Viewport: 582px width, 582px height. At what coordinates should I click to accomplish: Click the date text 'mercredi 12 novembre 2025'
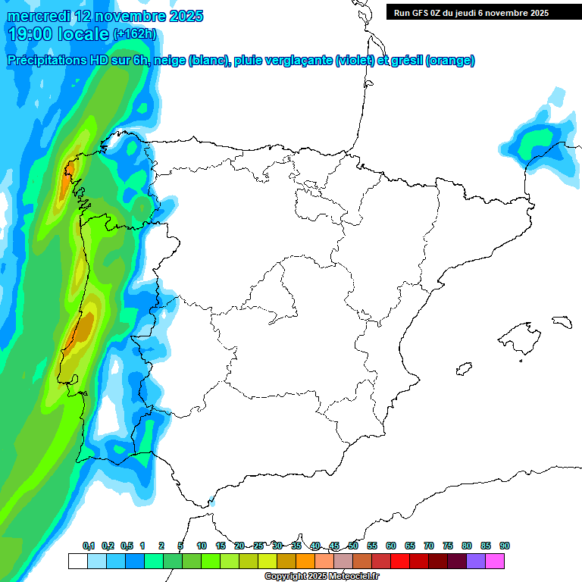[x=105, y=15]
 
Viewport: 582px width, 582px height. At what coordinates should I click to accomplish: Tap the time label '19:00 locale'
[x=59, y=33]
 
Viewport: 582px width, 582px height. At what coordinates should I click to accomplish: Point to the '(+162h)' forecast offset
[x=135, y=33]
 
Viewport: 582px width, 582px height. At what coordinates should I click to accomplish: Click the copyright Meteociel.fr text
[x=321, y=577]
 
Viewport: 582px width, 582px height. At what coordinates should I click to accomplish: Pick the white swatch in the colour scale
[x=77, y=561]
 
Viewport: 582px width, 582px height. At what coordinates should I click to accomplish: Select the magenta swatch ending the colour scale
[x=495, y=561]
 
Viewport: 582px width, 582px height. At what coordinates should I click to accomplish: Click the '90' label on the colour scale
[x=505, y=546]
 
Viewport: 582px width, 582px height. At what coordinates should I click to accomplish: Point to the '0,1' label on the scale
[x=89, y=546]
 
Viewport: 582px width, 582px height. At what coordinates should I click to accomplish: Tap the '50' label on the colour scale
[x=353, y=546]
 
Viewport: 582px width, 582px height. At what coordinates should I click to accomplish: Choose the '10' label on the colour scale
[x=202, y=546]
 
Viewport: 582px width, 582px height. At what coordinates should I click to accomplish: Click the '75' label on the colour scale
[x=448, y=546]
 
